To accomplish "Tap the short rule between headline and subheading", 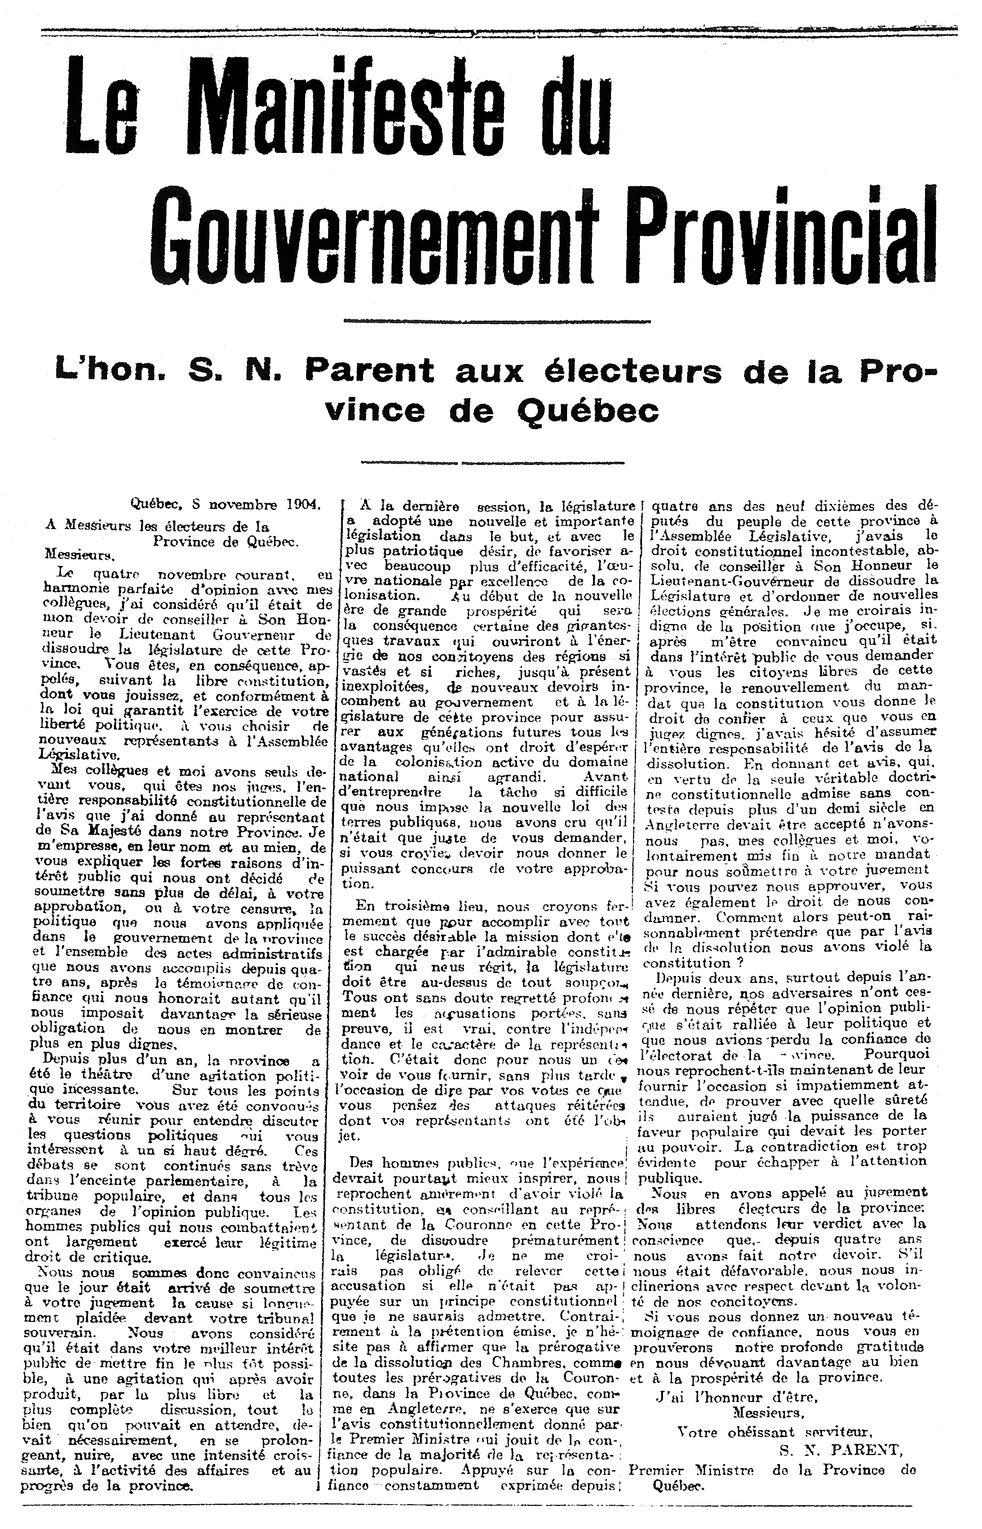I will pos(491,320).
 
